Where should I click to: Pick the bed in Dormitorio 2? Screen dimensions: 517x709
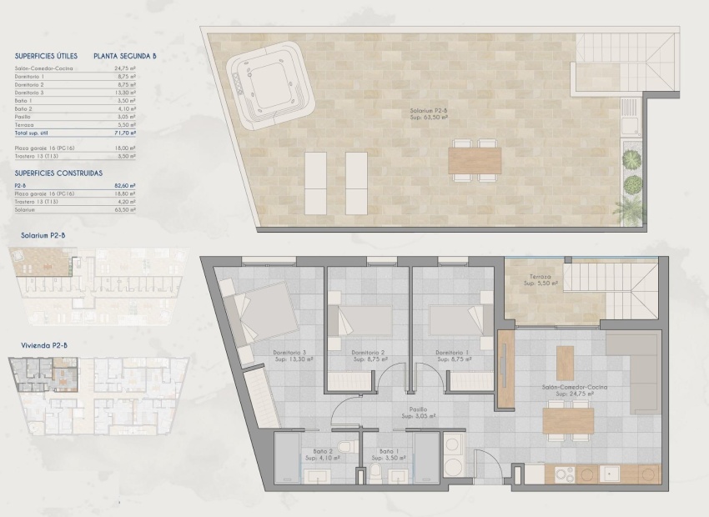point(359,320)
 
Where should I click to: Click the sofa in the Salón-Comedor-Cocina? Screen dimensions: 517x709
point(633,373)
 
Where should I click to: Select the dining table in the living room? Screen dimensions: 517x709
point(568,420)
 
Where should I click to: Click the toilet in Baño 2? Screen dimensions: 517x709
point(344,447)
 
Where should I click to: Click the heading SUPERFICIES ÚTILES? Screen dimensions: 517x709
point(46,57)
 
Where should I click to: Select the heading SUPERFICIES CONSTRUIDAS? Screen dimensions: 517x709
point(58,173)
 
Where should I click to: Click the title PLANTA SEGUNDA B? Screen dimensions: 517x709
point(125,57)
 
